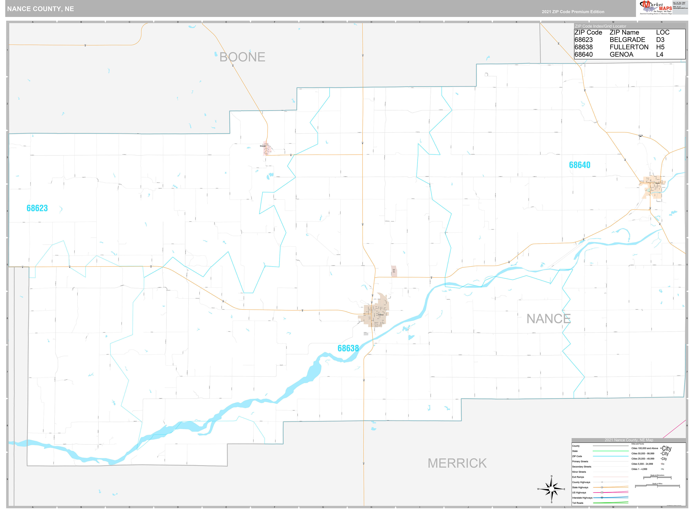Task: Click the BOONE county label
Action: click(242, 57)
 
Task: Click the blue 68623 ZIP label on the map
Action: click(37, 208)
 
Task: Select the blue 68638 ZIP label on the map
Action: click(348, 348)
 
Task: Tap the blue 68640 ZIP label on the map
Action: click(579, 165)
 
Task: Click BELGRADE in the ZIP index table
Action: click(627, 40)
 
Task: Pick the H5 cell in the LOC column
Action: click(660, 47)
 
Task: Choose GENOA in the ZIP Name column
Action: click(621, 55)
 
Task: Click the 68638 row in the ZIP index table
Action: click(583, 47)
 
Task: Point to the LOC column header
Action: click(663, 32)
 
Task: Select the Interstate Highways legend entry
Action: click(582, 498)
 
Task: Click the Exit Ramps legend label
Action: click(578, 477)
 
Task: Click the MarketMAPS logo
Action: click(655, 7)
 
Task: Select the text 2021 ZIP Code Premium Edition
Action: click(573, 12)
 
